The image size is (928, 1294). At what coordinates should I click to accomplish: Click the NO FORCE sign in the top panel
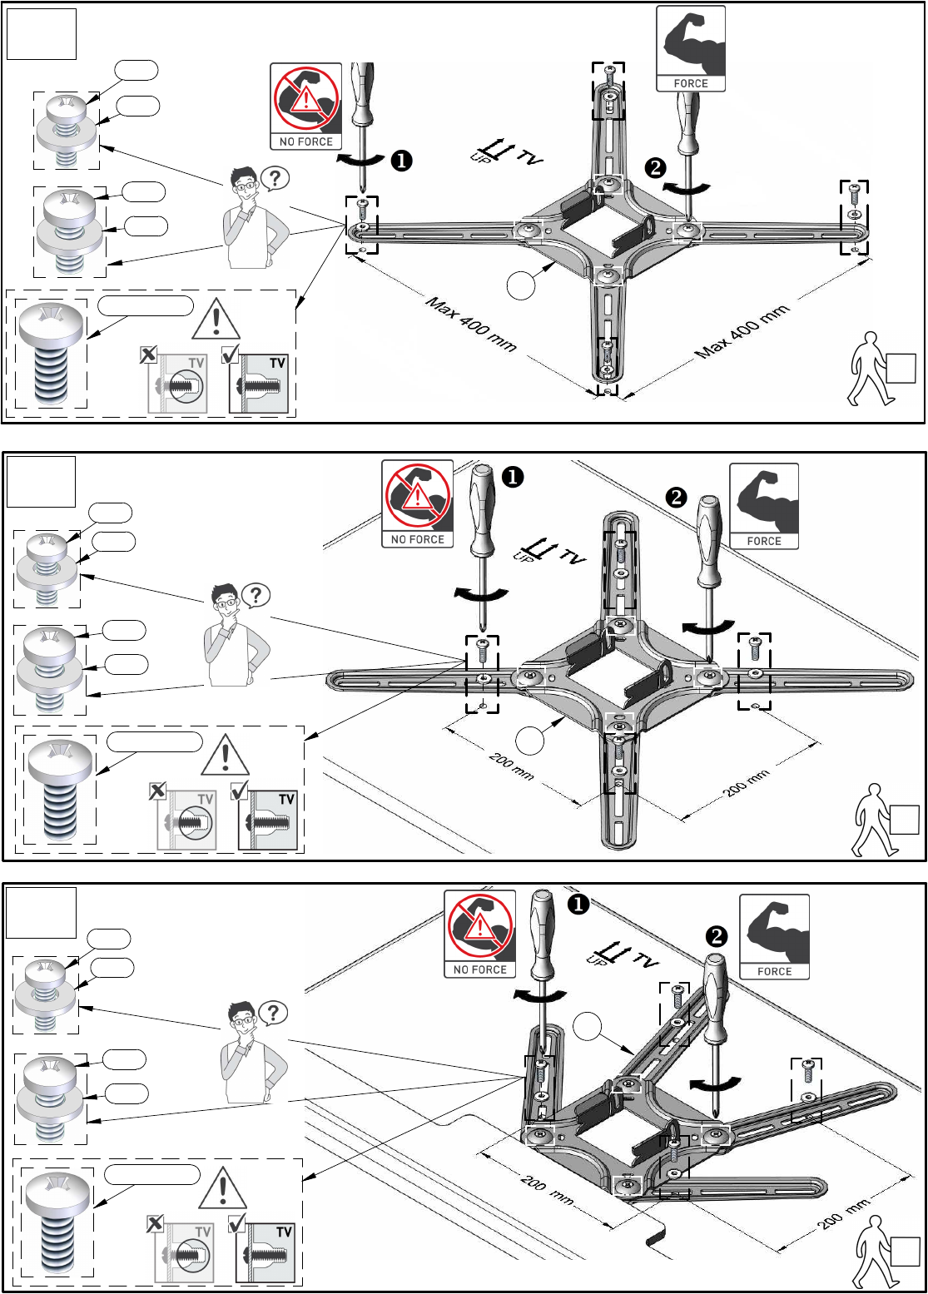pos(306,107)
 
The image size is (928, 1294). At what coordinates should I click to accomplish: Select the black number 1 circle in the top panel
pos(402,161)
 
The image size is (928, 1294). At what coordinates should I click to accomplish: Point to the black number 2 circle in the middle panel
pos(677,498)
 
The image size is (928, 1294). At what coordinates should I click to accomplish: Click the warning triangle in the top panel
pos(216,320)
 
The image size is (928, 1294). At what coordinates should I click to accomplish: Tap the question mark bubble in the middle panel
pos(256,595)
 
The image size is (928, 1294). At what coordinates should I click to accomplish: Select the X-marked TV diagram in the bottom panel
pos(184,1252)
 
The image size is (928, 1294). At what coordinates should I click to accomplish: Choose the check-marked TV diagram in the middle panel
pos(267,819)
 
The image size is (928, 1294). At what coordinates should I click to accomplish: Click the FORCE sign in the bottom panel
pos(774,937)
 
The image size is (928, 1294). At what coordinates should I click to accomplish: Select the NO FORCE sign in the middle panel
pos(418,504)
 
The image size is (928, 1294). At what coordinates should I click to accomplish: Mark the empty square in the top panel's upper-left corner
pos(42,34)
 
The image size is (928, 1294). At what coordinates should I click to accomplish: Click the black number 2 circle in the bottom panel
pos(717,937)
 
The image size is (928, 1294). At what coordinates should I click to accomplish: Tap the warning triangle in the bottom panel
pos(223,1188)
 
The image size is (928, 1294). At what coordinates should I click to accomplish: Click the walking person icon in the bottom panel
pos(874,1253)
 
